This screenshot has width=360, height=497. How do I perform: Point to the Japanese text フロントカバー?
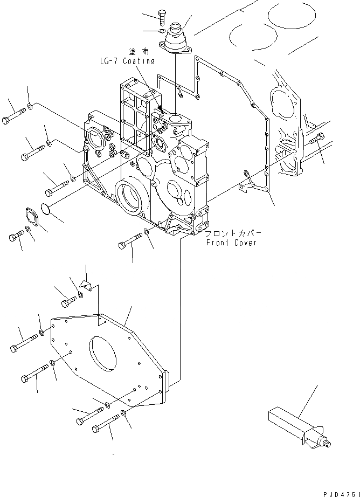coord(233,233)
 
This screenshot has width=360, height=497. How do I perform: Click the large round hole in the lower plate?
coord(103,351)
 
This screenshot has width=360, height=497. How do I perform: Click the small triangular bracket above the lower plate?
coord(86,284)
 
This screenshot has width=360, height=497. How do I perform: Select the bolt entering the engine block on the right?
coord(316,141)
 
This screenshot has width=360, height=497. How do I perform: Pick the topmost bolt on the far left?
coord(13,116)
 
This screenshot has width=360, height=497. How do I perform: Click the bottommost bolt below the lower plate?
coord(107,424)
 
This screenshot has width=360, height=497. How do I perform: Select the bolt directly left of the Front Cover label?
coord(129,243)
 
